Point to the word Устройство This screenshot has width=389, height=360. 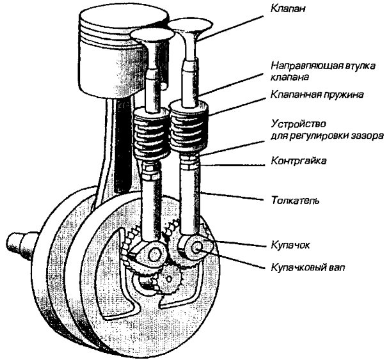[294, 124]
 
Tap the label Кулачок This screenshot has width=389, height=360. [290, 244]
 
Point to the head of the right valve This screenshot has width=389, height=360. [189, 26]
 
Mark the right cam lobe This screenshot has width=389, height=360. [194, 247]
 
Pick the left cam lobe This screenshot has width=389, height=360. [152, 255]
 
